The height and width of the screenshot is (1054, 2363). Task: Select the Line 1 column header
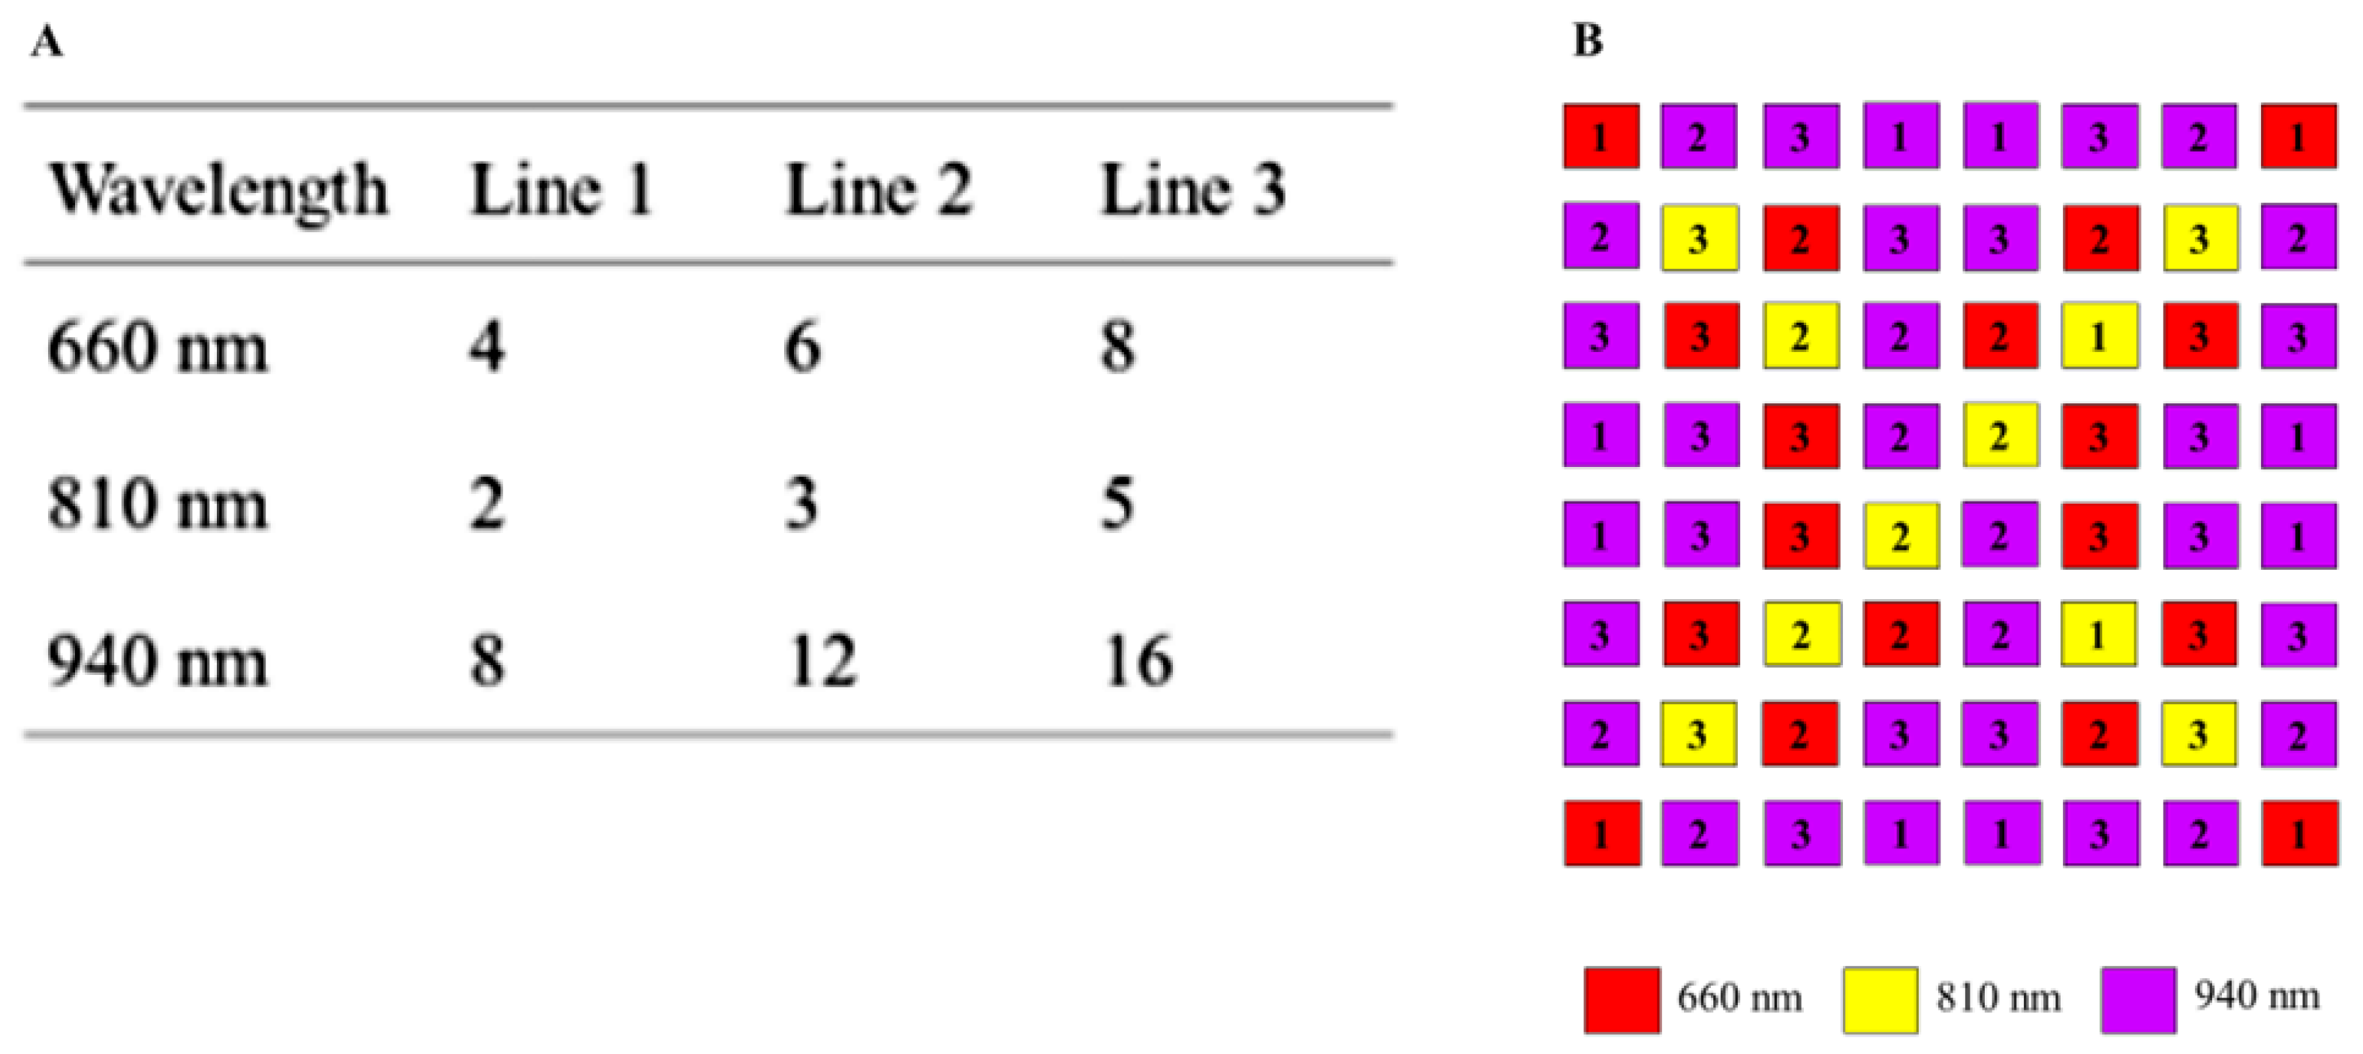[561, 191]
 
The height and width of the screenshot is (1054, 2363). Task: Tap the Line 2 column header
[878, 191]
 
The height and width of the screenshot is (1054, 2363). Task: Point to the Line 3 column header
[1192, 191]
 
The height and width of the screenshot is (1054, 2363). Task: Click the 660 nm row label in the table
[157, 348]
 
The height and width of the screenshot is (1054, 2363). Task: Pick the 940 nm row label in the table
[157, 661]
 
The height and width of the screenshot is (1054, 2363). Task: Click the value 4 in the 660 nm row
[487, 348]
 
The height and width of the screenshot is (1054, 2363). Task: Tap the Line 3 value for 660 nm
[1117, 348]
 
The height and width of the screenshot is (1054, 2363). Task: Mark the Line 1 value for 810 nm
[487, 504]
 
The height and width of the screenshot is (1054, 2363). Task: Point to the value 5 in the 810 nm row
[1117, 504]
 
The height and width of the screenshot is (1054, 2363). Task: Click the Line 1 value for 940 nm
[487, 661]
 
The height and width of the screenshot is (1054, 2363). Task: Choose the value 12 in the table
[822, 661]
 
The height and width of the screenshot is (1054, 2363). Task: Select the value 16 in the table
[1138, 661]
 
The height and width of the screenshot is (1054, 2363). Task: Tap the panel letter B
[1588, 41]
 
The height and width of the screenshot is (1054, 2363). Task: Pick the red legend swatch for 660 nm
[1622, 1000]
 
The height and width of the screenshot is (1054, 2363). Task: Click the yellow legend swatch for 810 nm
[1880, 1000]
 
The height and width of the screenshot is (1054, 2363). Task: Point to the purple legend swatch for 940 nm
[2139, 1000]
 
